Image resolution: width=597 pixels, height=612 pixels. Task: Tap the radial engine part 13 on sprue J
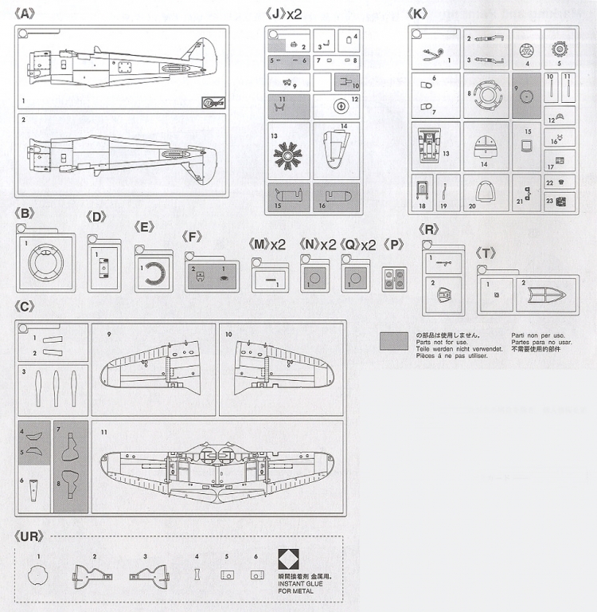287,151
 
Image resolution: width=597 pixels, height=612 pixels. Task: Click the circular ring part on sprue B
46,261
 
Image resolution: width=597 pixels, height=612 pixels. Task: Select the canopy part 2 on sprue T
546,295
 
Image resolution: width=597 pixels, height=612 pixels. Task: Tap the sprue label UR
29,535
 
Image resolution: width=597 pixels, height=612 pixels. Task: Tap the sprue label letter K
416,13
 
